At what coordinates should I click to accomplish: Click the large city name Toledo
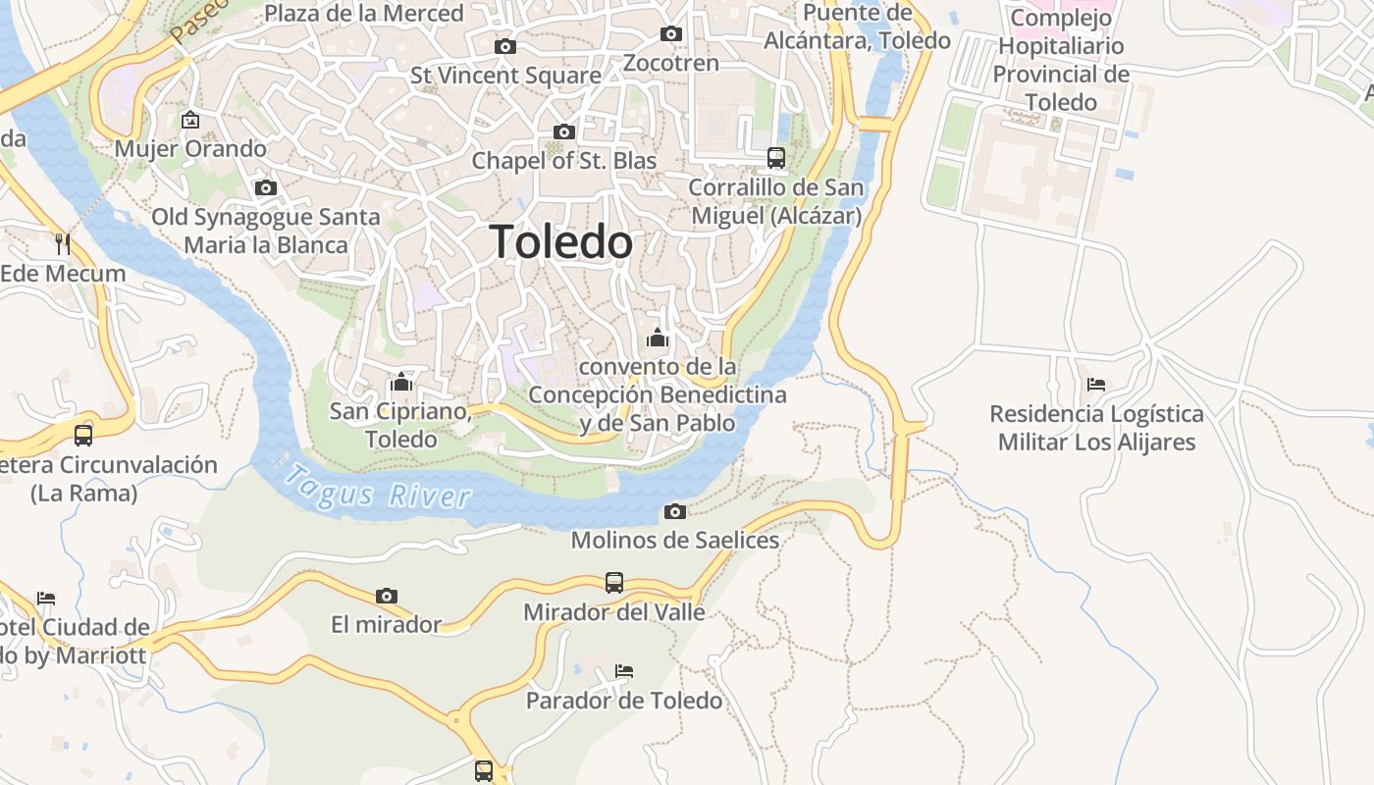tap(560, 241)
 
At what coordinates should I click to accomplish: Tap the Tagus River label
tap(378, 488)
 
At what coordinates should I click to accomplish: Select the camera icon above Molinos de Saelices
tap(675, 511)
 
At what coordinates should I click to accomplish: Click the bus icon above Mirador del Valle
tap(613, 583)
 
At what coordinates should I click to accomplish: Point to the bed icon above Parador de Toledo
tap(624, 671)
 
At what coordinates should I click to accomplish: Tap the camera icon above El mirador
tap(387, 596)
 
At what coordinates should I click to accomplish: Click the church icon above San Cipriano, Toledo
tap(400, 382)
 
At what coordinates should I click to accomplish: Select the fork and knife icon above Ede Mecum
tap(63, 243)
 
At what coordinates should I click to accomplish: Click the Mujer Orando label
tap(190, 149)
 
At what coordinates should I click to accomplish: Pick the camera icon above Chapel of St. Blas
tap(564, 131)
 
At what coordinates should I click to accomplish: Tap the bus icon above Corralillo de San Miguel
tap(775, 157)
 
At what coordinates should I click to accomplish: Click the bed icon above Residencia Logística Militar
tap(1096, 385)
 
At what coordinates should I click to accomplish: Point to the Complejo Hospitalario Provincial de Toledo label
tap(1060, 60)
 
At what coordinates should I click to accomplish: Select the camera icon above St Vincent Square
tap(505, 46)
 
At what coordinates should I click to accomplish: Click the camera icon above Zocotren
tap(671, 34)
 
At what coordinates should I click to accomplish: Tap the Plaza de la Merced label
tap(364, 14)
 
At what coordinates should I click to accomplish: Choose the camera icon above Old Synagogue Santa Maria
tap(265, 187)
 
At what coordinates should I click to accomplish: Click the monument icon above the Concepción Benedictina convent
tap(658, 339)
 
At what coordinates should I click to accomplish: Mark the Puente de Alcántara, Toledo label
tap(858, 26)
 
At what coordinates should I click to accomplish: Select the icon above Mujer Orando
tap(190, 121)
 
